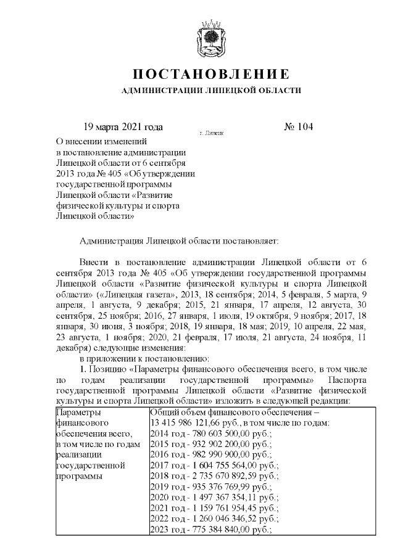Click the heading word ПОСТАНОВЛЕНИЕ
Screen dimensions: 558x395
212,75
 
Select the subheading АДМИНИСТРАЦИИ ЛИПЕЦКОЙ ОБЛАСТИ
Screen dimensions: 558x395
212,91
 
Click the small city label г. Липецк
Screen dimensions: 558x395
211,133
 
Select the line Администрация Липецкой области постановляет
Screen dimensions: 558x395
180,239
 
